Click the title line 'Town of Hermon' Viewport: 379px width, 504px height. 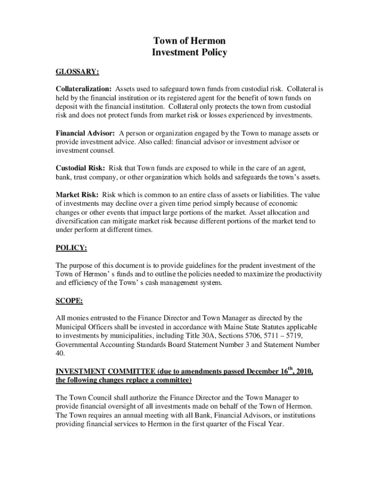tap(189, 41)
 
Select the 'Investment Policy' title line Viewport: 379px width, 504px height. tap(189, 53)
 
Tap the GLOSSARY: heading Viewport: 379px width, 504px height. tap(77, 72)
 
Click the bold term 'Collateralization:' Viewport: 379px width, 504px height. tap(84, 89)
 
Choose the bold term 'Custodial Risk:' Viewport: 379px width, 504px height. tap(80, 168)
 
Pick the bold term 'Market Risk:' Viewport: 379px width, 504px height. tap(77, 195)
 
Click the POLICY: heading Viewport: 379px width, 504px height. tap(72, 248)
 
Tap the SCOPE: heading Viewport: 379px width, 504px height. tap(69, 300)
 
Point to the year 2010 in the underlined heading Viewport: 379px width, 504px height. tap(304, 372)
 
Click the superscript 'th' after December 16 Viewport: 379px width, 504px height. tap(291, 369)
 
